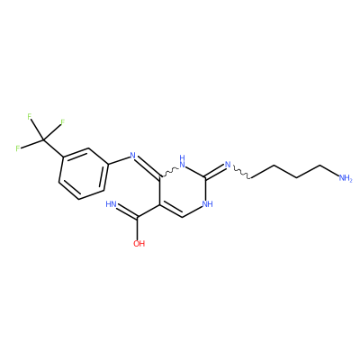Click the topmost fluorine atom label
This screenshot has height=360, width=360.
30,117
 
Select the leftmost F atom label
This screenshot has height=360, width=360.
18,148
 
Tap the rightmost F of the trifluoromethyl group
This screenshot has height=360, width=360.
62,122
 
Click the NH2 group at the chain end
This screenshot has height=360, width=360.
346,178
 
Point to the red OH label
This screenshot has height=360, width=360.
139,243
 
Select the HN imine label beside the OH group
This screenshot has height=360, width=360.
112,204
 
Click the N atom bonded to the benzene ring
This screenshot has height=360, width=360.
133,156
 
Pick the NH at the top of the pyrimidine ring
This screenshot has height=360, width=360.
182,161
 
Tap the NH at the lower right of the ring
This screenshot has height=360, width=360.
208,204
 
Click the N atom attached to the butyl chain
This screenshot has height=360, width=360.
228,164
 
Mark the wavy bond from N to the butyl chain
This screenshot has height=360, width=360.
241,173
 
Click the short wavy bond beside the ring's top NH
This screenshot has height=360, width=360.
169,173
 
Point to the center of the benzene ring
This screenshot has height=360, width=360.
83,174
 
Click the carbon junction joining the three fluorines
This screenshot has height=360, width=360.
43,140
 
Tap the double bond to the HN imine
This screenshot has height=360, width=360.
127,211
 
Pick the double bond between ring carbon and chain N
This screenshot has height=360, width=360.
215,170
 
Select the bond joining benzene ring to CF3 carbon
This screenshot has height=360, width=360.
53,148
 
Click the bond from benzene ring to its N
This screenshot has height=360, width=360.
119,160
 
